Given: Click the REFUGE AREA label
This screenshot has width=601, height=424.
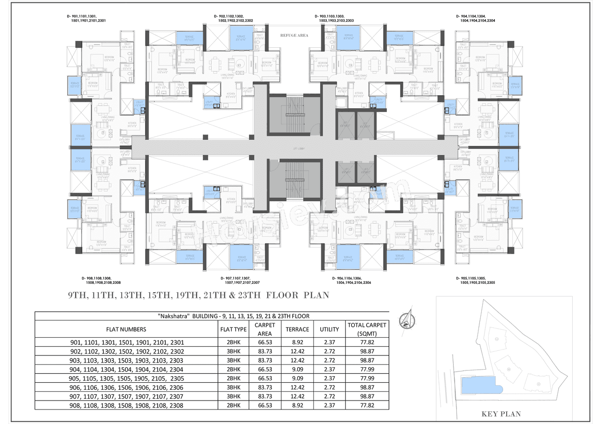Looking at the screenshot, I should pyautogui.click(x=294, y=35).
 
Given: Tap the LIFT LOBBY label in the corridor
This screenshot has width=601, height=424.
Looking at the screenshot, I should pyautogui.click(x=294, y=148).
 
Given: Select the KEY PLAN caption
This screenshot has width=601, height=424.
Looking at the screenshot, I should pyautogui.click(x=501, y=414).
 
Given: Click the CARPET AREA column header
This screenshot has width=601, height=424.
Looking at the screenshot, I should pyautogui.click(x=265, y=329).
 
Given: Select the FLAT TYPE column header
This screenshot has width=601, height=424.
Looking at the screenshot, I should pyautogui.click(x=233, y=329).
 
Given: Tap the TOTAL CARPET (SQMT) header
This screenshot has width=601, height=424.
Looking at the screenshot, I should pyautogui.click(x=367, y=329).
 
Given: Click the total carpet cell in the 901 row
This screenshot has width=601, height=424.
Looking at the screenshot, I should pyautogui.click(x=367, y=342).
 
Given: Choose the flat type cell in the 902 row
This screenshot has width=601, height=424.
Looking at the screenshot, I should pyautogui.click(x=233, y=351).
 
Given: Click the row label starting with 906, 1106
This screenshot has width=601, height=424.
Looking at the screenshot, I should pyautogui.click(x=126, y=387).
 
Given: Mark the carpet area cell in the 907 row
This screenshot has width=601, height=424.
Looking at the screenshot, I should pyautogui.click(x=265, y=396).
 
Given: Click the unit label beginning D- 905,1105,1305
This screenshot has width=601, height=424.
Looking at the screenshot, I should pyautogui.click(x=475, y=280).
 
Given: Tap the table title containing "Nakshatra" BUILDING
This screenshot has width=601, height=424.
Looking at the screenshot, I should pyautogui.click(x=212, y=316).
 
